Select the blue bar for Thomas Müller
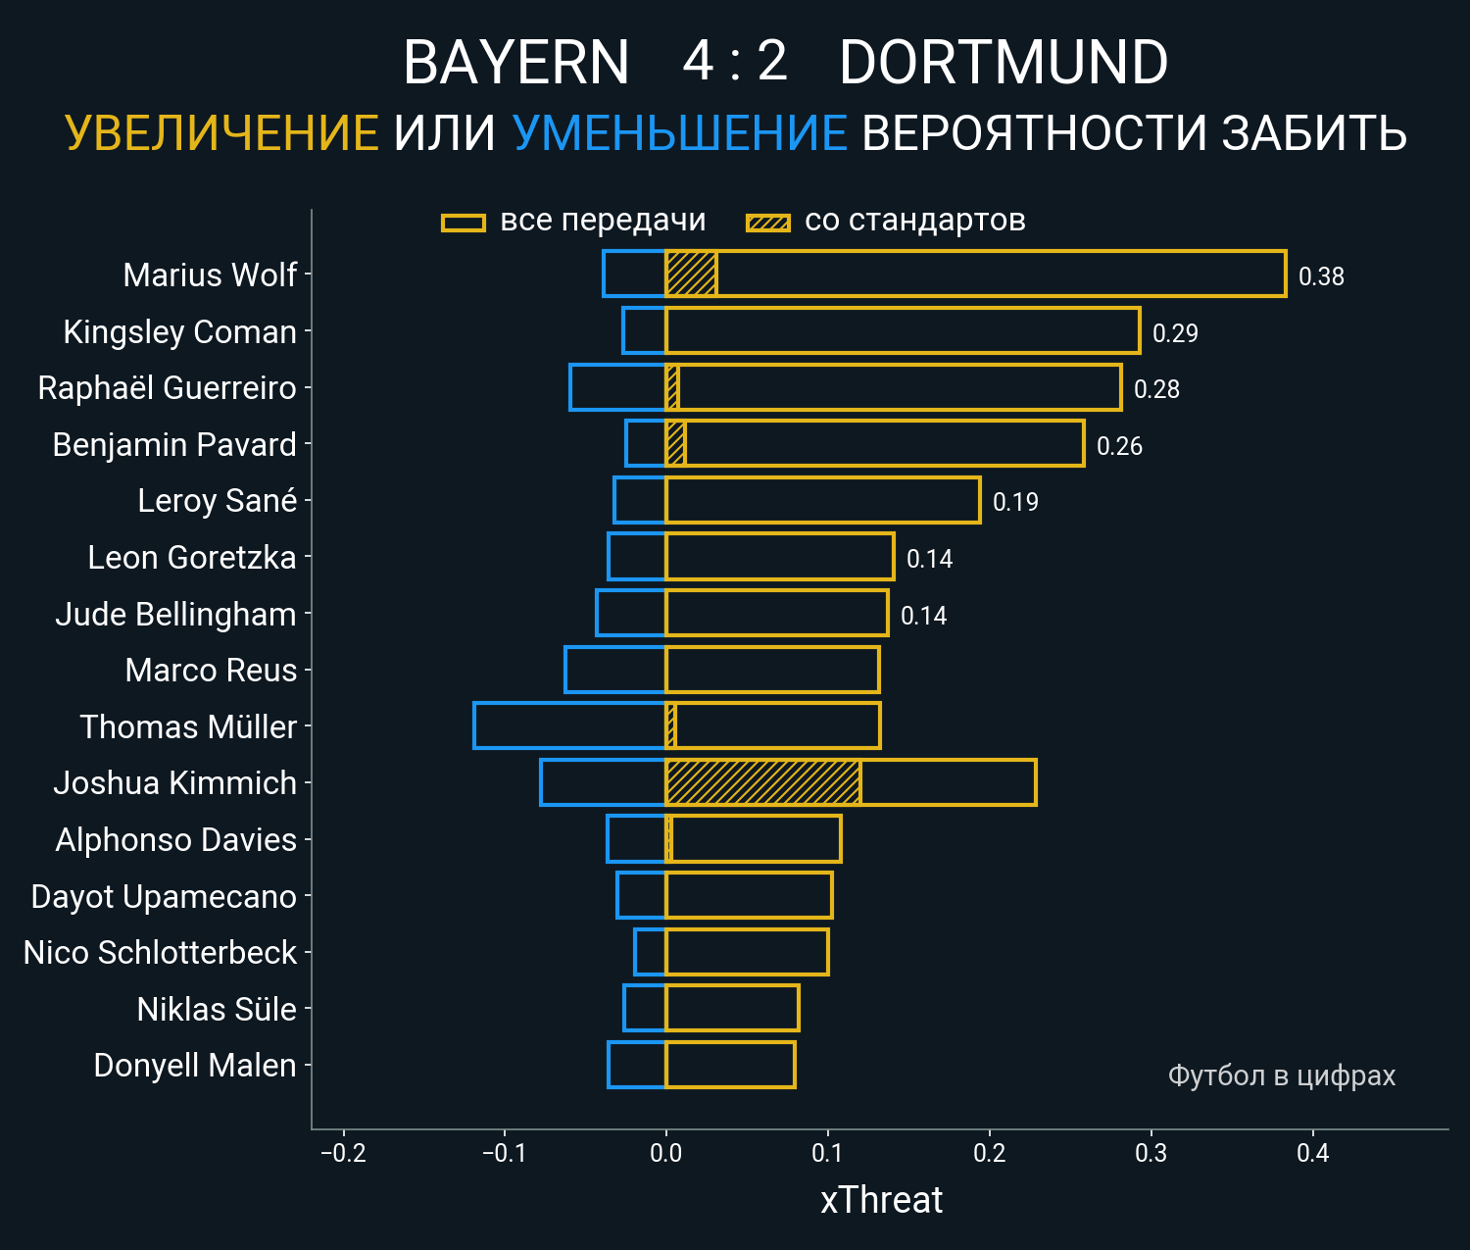[569, 726]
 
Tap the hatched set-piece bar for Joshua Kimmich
[762, 782]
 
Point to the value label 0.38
[1321, 276]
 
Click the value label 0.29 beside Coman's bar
[1175, 333]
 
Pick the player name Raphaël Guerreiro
[167, 388]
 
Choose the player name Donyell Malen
[194, 1066]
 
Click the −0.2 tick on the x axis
[343, 1153]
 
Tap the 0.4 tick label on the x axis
[1312, 1153]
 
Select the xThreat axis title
[881, 1200]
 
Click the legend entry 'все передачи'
[603, 221]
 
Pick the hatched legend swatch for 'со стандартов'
[767, 223]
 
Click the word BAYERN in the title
[515, 63]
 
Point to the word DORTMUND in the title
[1004, 63]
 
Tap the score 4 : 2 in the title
[735, 61]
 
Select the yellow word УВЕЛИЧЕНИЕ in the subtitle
[221, 133]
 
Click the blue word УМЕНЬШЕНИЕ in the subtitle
[679, 133]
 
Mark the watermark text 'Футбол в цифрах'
[1281, 1075]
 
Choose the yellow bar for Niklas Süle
[732, 1009]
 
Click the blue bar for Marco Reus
[614, 671]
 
